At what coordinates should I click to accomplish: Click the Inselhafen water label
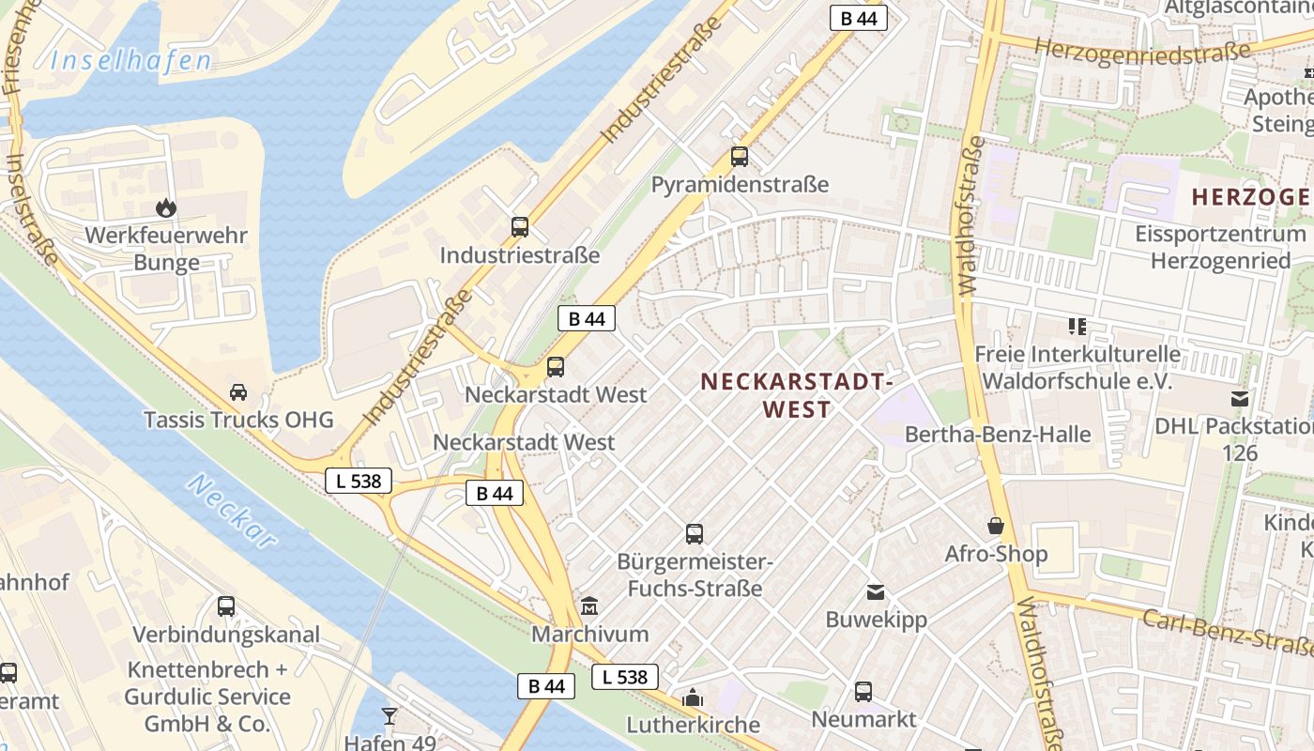click(131, 62)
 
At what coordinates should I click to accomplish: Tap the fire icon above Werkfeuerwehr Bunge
click(166, 207)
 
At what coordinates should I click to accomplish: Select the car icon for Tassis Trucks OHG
click(238, 391)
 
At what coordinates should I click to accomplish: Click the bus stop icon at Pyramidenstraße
click(740, 157)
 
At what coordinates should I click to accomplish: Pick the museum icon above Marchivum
click(589, 606)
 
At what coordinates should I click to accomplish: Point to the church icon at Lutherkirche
click(693, 697)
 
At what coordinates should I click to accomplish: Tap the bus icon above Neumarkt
click(863, 692)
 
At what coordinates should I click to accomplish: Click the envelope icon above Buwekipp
click(876, 592)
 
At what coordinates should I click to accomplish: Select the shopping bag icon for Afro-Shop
click(996, 526)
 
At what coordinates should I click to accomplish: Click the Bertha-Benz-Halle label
click(998, 435)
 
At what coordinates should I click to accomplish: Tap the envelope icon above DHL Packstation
click(1240, 399)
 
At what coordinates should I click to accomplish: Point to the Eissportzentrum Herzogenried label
click(1220, 247)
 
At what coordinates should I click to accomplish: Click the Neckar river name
click(232, 511)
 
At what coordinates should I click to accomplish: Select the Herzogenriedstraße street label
click(1142, 50)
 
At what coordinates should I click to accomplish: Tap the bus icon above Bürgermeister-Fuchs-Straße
click(695, 534)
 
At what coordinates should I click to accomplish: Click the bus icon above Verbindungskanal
click(226, 606)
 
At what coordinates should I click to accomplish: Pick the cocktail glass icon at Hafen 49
click(390, 716)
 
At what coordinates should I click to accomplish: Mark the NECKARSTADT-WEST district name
click(795, 395)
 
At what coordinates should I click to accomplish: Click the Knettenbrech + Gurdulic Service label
click(206, 697)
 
